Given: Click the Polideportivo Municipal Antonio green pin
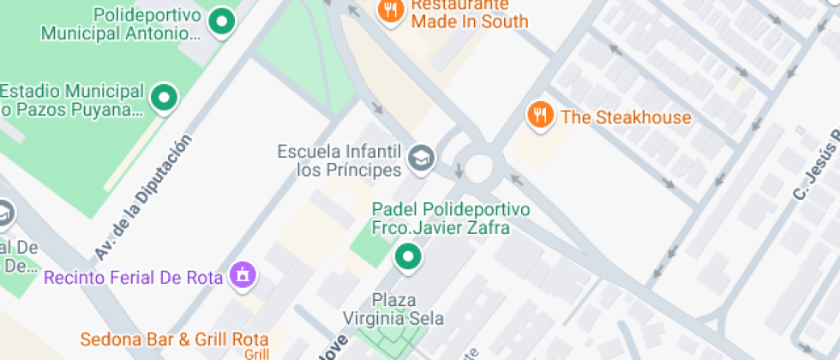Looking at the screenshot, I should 223,22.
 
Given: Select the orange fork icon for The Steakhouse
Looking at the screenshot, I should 539,115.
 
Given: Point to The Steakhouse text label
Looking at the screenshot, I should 626,117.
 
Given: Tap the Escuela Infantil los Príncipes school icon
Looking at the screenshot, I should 421,158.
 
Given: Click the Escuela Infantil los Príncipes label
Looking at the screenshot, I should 339,160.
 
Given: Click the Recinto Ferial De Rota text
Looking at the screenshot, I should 133,278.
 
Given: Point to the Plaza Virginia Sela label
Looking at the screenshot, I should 405,309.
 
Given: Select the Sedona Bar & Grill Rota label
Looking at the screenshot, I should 175,339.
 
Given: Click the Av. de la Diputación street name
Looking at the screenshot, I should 142,198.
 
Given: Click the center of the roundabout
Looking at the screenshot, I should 477,163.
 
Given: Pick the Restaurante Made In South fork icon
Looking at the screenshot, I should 390,10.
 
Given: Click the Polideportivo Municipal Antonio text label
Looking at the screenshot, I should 120,25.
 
